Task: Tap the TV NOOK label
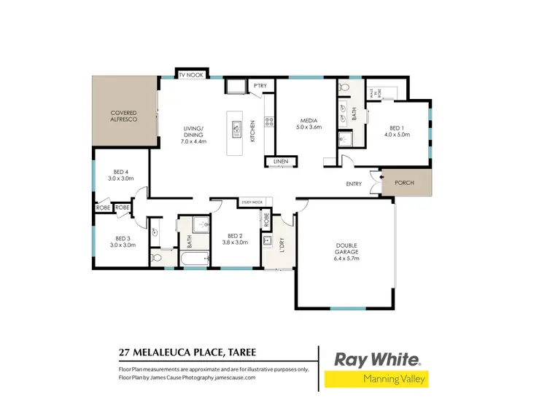191,74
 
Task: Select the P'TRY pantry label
260,87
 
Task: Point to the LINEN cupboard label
280,162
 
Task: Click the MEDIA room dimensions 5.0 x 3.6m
308,127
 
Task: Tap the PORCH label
403,183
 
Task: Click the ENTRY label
354,184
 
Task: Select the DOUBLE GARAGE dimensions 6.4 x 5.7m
346,259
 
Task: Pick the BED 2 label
234,236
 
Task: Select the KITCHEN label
254,131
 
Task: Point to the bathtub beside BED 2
192,258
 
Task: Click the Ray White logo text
377,359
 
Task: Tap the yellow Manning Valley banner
376,379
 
